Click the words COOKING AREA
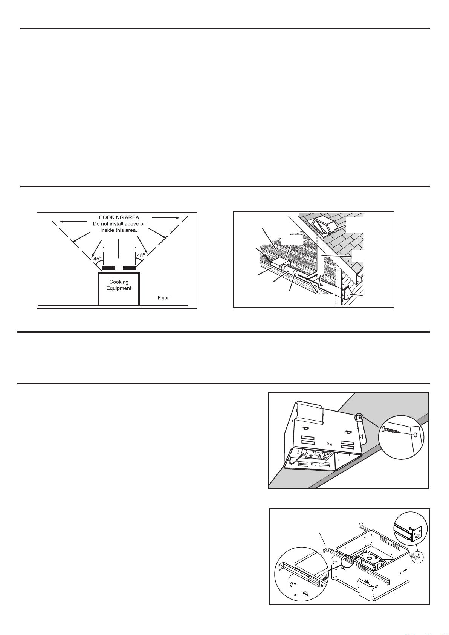tap(119, 217)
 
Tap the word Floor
tap(163, 298)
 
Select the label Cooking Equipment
tap(119, 285)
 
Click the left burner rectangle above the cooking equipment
tap(108, 268)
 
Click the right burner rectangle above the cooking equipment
tap(130, 268)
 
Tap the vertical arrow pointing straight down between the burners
tap(118, 248)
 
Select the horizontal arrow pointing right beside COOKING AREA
tap(166, 218)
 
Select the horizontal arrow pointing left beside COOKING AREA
tap(73, 222)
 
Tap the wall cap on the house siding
tap(347, 294)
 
